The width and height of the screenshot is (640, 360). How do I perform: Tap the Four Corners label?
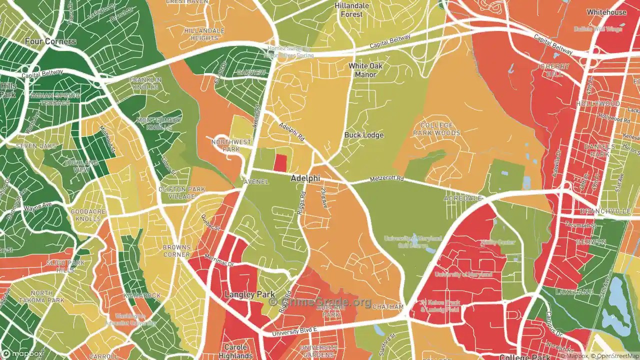click(x=52, y=41)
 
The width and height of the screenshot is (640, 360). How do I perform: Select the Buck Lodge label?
click(x=363, y=135)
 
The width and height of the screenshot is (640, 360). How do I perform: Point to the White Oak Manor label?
click(x=365, y=70)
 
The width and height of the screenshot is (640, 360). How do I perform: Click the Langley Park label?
click(x=249, y=294)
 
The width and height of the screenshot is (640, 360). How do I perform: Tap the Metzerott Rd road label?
click(x=386, y=179)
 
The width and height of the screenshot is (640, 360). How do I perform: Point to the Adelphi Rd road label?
click(x=292, y=131)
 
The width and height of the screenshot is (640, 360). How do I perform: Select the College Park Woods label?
click(x=436, y=129)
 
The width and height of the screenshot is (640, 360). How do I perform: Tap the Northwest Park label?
click(x=231, y=145)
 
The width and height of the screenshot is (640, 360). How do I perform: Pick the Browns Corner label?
click(x=176, y=250)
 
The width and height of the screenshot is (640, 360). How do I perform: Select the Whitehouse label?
click(x=606, y=12)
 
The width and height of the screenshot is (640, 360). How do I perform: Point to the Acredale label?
click(x=462, y=198)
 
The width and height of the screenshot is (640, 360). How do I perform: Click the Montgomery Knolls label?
click(x=159, y=123)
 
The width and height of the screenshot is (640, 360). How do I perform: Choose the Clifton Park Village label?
click(x=181, y=192)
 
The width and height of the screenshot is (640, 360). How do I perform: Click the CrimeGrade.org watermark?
click(x=320, y=302)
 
